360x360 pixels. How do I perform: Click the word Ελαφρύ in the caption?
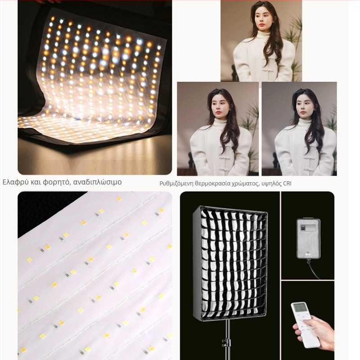(15, 182)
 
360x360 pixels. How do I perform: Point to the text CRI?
(287, 184)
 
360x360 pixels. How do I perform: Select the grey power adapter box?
(308, 238)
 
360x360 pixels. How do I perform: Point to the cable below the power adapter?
(314, 269)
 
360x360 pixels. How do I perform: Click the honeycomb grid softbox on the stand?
(230, 263)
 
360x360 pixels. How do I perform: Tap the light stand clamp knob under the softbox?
(226, 343)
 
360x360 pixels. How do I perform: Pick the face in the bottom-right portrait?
(303, 108)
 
